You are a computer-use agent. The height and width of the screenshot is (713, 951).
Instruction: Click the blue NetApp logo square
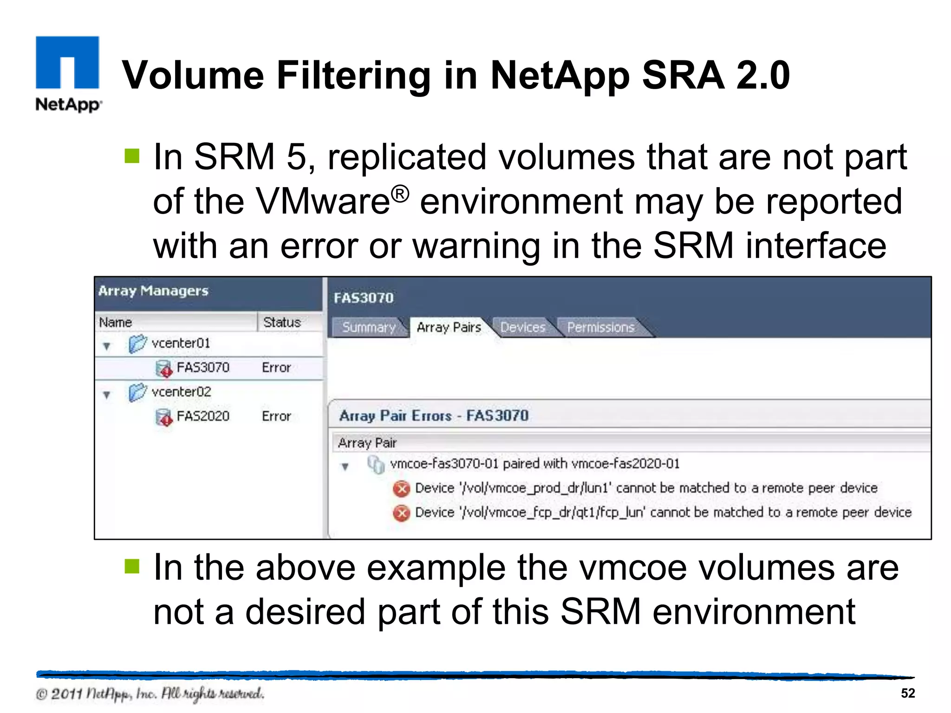(67, 62)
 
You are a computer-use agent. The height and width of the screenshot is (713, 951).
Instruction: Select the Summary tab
(369, 327)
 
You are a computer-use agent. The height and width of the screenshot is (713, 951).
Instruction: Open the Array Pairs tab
(449, 327)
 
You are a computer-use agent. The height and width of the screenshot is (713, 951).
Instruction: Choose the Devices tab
(523, 327)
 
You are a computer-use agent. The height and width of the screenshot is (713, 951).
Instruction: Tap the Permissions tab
(600, 327)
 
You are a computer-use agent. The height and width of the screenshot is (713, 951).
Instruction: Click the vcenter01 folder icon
(137, 344)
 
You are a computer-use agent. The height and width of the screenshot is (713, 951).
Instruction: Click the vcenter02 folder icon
(137, 393)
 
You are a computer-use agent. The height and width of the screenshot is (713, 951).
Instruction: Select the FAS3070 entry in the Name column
(203, 368)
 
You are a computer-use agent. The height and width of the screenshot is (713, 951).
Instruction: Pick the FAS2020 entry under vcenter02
(203, 416)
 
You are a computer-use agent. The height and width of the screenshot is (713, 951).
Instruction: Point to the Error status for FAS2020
(276, 416)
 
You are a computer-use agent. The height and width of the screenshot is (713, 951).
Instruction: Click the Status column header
(282, 322)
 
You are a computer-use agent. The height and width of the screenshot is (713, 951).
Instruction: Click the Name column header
(116, 322)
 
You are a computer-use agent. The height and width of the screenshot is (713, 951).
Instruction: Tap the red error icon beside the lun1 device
(402, 489)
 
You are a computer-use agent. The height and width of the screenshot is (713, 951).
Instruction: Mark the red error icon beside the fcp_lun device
(402, 513)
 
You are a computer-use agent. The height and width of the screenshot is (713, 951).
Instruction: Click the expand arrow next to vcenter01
(107, 346)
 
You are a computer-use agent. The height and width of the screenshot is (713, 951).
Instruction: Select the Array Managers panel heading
(153, 291)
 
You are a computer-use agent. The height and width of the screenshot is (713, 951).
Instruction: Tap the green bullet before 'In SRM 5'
(132, 156)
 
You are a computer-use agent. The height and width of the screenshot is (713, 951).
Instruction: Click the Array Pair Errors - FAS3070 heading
(434, 415)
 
